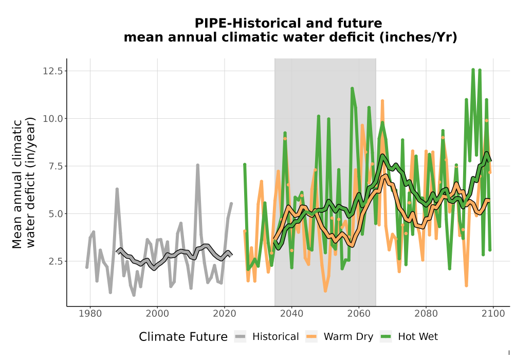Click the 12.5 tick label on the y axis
point(52,71)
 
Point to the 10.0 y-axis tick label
point(52,118)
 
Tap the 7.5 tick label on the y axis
point(55,166)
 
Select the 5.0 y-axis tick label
point(55,214)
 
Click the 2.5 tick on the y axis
point(55,261)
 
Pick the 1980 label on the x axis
point(90,314)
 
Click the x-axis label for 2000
point(157,314)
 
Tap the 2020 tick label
point(225,314)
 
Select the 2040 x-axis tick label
point(292,314)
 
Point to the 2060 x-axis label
point(359,314)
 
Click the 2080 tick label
point(426,314)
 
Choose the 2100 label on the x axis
point(493,314)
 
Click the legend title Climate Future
point(183,337)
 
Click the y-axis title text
point(23,184)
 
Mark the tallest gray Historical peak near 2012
point(198,165)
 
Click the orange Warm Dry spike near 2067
point(382,101)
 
